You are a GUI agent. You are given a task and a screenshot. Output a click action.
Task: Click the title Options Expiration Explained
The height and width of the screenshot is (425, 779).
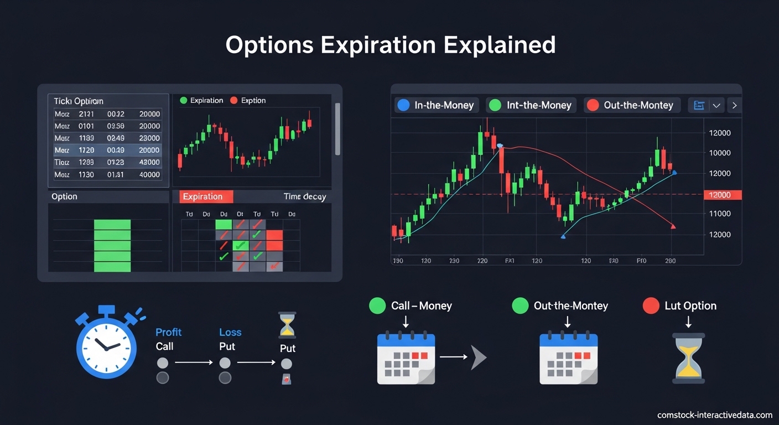point(390,45)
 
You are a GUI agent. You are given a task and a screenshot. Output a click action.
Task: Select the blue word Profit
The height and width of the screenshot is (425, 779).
point(168,332)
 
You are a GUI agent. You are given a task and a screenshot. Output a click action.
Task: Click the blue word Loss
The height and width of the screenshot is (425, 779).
point(230,332)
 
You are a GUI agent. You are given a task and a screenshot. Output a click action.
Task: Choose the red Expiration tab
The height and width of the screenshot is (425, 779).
point(203,196)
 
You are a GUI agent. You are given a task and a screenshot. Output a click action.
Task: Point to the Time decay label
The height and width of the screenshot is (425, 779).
point(304,196)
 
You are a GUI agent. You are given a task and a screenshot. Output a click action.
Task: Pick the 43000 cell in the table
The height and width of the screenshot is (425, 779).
point(149,163)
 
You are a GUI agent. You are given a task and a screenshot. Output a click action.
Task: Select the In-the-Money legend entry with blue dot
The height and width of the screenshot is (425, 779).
point(437,105)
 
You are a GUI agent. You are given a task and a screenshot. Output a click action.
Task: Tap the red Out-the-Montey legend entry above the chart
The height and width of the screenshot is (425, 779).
point(631,105)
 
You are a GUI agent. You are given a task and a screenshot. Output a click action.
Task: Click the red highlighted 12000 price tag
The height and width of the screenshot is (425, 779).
point(719,195)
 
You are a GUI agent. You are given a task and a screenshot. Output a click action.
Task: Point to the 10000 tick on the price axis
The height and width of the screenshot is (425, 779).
point(719,153)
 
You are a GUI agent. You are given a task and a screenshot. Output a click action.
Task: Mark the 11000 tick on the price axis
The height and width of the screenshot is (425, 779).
point(719,214)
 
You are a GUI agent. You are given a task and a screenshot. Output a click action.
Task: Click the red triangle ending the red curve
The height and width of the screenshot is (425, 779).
point(673,226)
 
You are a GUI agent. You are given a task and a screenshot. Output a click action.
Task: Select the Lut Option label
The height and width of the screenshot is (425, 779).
point(690,306)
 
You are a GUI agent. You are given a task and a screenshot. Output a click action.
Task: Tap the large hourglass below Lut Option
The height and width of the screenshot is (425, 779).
point(688,358)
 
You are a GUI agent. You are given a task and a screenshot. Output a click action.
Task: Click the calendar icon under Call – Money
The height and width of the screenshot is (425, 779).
point(406,357)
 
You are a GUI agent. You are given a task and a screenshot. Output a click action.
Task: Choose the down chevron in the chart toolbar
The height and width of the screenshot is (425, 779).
point(716,105)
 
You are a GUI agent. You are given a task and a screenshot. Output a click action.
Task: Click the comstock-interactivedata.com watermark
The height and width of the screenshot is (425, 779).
point(714,415)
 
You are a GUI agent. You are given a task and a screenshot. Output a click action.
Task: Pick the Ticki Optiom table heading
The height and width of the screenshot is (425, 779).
point(79,101)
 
